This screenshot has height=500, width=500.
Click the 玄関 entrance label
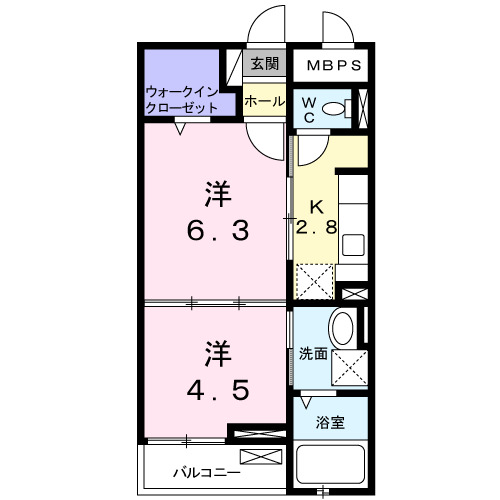coord(265,64)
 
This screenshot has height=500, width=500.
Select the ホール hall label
coord(265,101)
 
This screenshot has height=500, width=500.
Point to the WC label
coord(309,109)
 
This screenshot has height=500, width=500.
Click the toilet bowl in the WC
coord(338,109)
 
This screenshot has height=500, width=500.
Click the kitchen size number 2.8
coord(316,227)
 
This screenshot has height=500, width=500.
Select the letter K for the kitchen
coord(316,207)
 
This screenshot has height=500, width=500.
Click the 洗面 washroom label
coord(313,353)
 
